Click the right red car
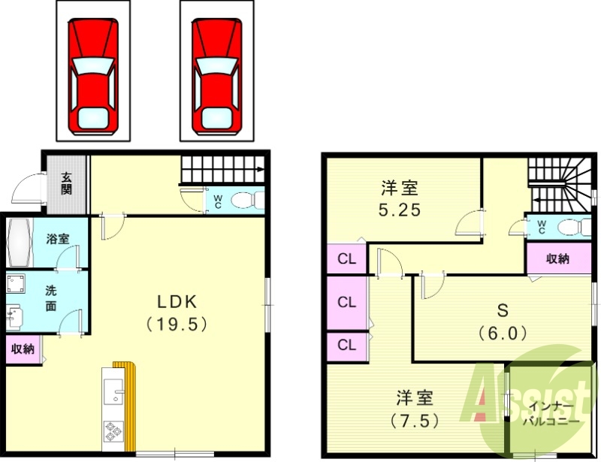(x=217, y=75)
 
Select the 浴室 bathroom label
(x=58, y=239)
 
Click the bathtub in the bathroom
(x=18, y=240)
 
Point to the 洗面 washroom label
(x=51, y=298)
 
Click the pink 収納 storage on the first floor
(x=22, y=349)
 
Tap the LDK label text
(x=177, y=302)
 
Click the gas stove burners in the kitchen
(x=113, y=433)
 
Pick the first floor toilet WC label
(x=218, y=202)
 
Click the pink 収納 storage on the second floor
(x=557, y=259)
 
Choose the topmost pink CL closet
(x=346, y=260)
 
